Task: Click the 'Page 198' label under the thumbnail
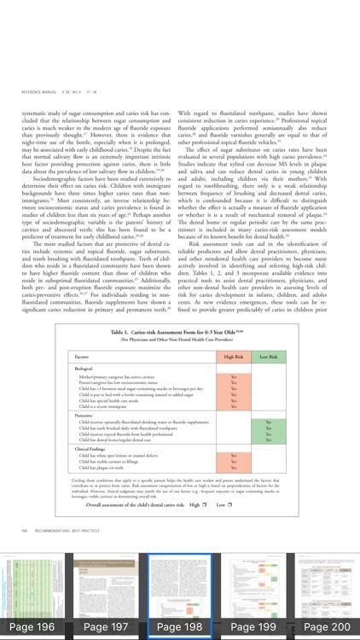[x=179, y=626]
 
